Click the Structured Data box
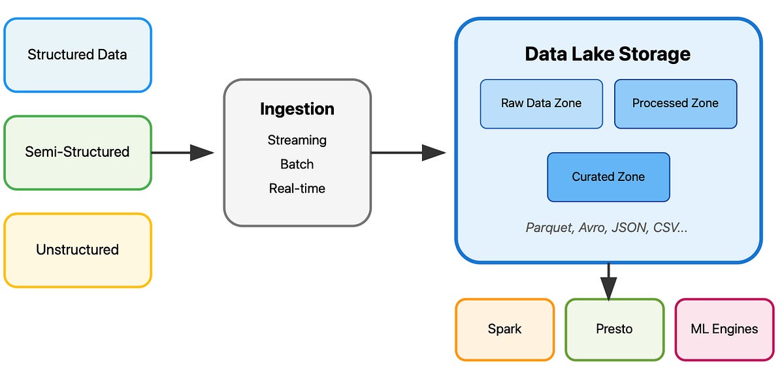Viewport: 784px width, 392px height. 77,55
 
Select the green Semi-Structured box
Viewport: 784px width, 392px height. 77,152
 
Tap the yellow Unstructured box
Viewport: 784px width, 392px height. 77,250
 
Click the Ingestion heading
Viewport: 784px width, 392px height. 297,109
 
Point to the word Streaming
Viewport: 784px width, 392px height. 297,140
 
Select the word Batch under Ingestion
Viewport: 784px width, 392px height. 297,164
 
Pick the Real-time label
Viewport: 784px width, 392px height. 297,188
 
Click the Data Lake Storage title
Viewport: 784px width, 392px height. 608,54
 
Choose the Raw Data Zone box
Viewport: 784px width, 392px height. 541,103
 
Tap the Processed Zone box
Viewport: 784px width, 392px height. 675,103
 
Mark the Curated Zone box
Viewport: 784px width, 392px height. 608,177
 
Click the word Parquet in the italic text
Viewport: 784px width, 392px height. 548,227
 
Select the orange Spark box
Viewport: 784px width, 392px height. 504,329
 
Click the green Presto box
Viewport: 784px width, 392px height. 614,329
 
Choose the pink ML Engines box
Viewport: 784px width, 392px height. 724,329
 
